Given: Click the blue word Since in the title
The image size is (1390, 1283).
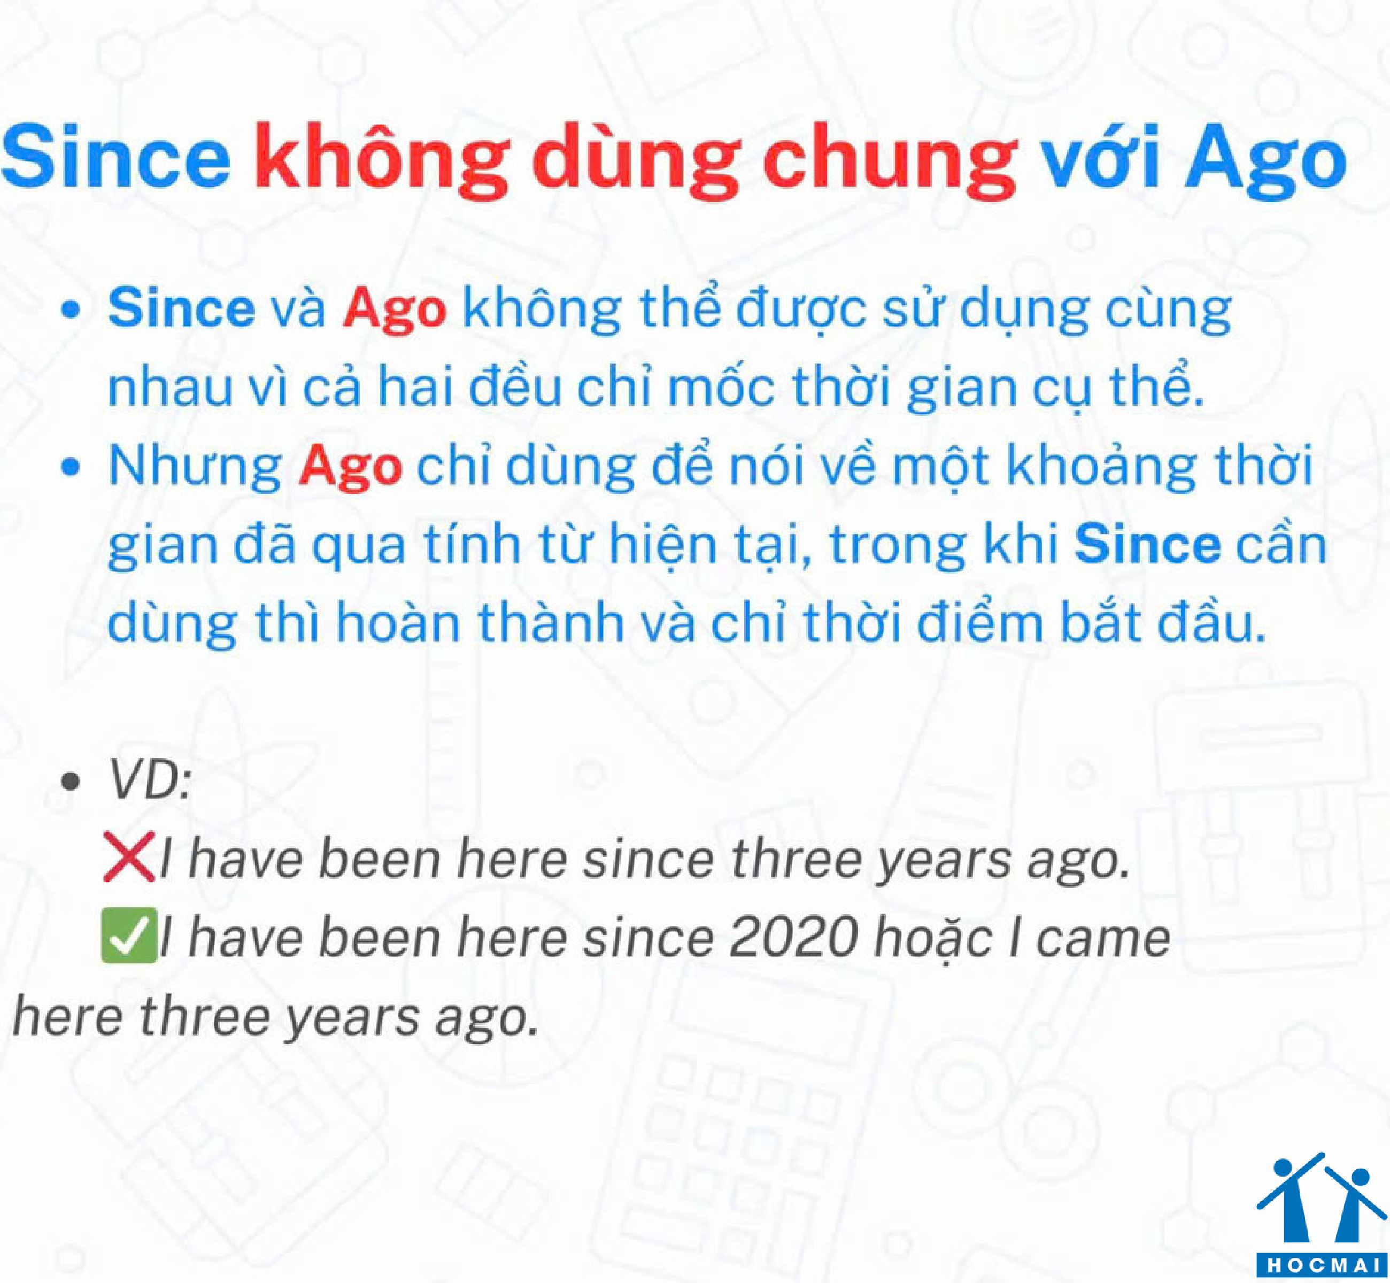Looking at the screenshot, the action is point(116,156).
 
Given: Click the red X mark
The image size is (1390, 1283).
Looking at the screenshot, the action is point(129,857).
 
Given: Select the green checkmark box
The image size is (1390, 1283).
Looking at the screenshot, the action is point(129,937).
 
